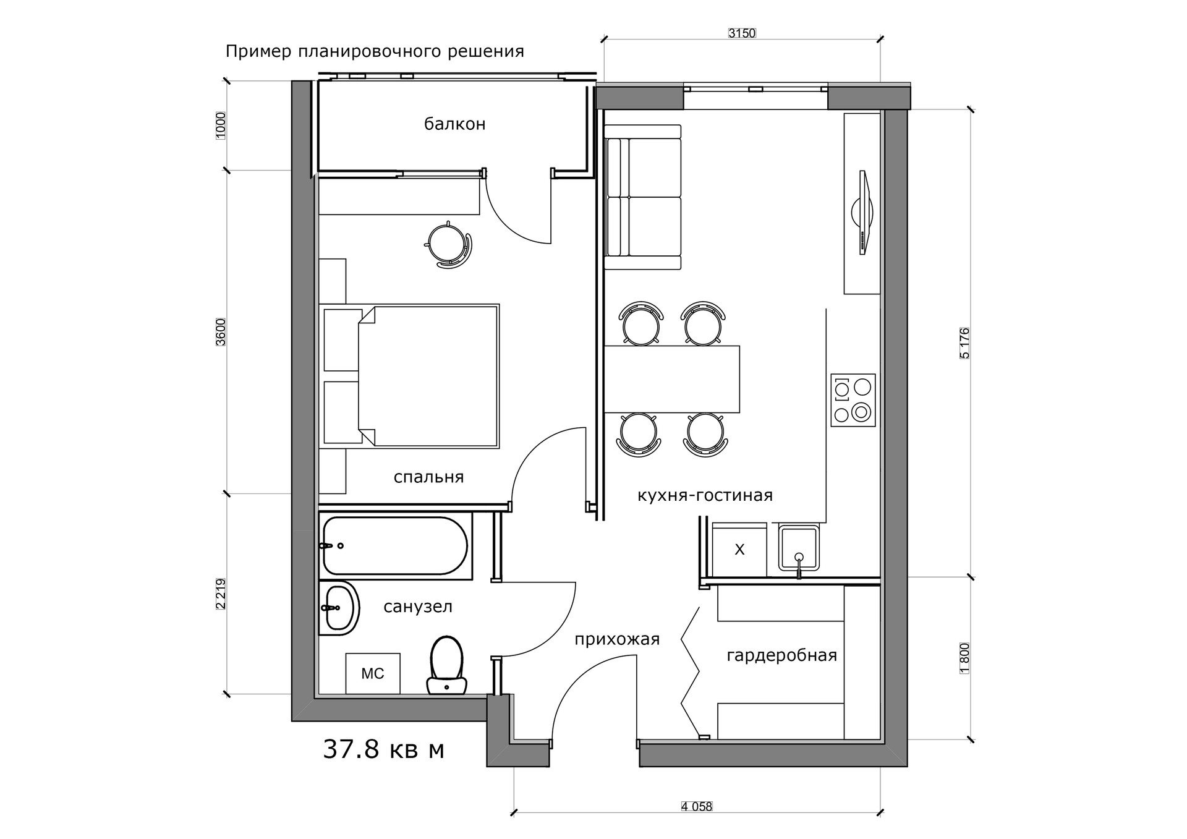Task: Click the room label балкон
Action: pos(454,124)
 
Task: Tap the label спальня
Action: pos(428,477)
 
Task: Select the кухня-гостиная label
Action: pos(705,495)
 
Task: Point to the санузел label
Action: pos(418,607)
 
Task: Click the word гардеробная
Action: pos(781,655)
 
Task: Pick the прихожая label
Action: pos(617,639)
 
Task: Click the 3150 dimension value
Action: pos(742,33)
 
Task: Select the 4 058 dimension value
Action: pos(697,806)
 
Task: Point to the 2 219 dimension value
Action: pos(221,594)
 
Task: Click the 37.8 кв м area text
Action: pos(384,749)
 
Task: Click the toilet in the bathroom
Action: pos(446,665)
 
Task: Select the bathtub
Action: pos(395,546)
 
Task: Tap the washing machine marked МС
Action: pos(373,673)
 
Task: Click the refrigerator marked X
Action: pos(739,550)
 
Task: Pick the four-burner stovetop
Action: pos(853,400)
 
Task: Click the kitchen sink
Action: pos(799,548)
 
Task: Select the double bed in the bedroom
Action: pos(409,376)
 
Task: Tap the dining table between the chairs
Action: pos(672,379)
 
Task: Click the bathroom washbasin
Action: pos(338,608)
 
